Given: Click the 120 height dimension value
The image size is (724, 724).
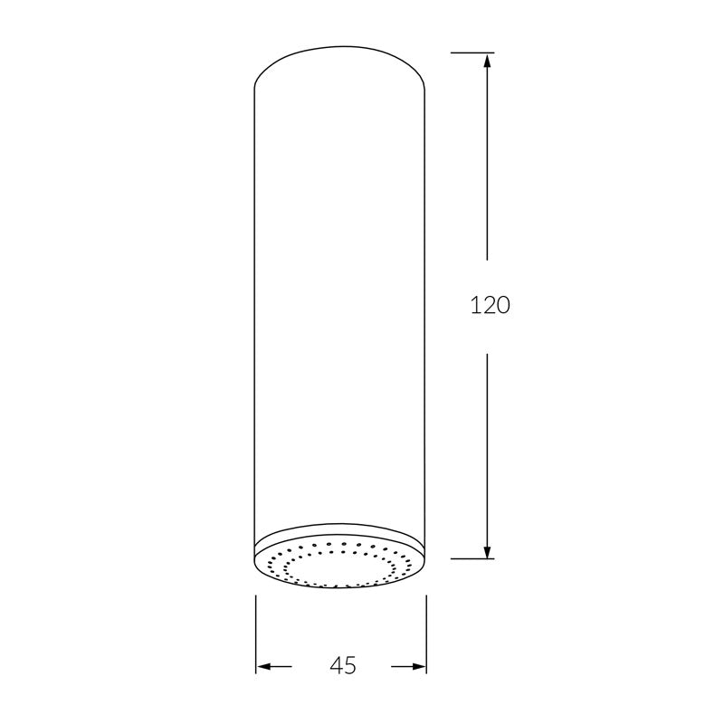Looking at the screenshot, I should point(491,306).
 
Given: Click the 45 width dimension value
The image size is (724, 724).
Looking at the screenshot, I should point(342,666).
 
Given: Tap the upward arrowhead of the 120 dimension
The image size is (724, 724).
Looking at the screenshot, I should point(488,62).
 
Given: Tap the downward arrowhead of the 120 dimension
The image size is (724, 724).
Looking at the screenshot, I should point(488,549).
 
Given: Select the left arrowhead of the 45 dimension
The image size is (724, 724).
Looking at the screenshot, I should point(264,667).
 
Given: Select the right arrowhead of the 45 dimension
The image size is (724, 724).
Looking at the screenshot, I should point(418,667).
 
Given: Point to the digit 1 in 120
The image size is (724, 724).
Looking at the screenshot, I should point(475,306).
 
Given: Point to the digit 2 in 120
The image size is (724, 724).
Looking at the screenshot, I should point(489,306).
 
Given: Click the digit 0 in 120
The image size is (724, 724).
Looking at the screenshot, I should point(503,306).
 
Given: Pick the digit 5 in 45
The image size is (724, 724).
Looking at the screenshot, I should point(350,666).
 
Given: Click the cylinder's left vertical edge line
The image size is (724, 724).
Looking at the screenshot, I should point(254,317).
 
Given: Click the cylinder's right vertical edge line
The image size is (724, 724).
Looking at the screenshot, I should point(426,317).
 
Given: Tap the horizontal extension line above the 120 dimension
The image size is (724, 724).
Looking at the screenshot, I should point(471,52).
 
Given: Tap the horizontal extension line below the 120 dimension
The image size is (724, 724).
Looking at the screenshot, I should point(471,558).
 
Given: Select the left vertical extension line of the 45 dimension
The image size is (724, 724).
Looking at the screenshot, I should point(255,633).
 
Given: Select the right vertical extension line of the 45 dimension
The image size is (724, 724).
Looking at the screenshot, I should point(426,633).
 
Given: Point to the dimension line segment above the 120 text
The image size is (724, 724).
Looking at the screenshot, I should point(488,163).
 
